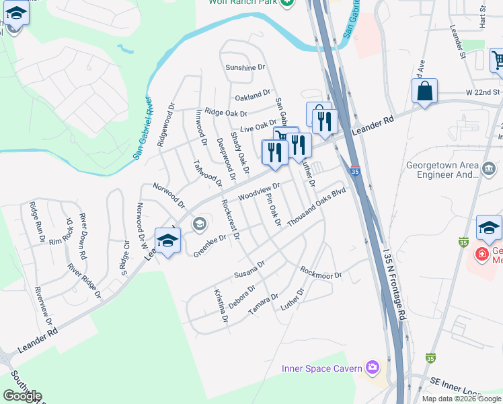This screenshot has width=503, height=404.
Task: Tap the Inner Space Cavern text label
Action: pyautogui.click(x=322, y=368)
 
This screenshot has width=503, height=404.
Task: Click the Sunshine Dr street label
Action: pyautogui.click(x=245, y=68)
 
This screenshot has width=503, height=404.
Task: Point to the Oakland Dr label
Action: pyautogui.click(x=252, y=94)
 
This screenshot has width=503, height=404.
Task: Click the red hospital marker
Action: pyautogui.click(x=481, y=255)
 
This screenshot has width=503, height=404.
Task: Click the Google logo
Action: pyautogui.click(x=22, y=395)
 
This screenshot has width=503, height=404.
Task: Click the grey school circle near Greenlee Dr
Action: pyautogui.click(x=199, y=224)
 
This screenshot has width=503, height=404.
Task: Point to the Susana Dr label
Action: pyautogui.click(x=249, y=271)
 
